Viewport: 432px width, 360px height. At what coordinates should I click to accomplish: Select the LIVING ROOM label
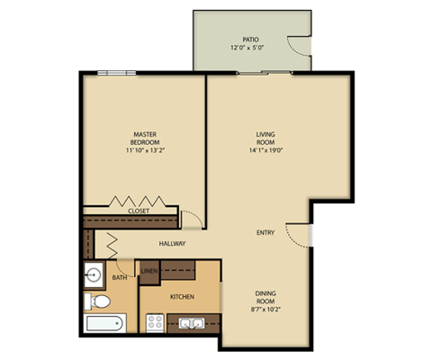point(264,138)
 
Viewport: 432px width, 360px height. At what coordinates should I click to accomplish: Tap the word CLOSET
point(139,211)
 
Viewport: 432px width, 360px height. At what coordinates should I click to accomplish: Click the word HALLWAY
point(173,243)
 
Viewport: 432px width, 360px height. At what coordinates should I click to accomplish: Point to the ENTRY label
point(265,232)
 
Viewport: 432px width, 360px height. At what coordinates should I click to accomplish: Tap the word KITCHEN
point(183,295)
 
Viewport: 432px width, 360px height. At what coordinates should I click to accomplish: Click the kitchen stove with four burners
point(153,321)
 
